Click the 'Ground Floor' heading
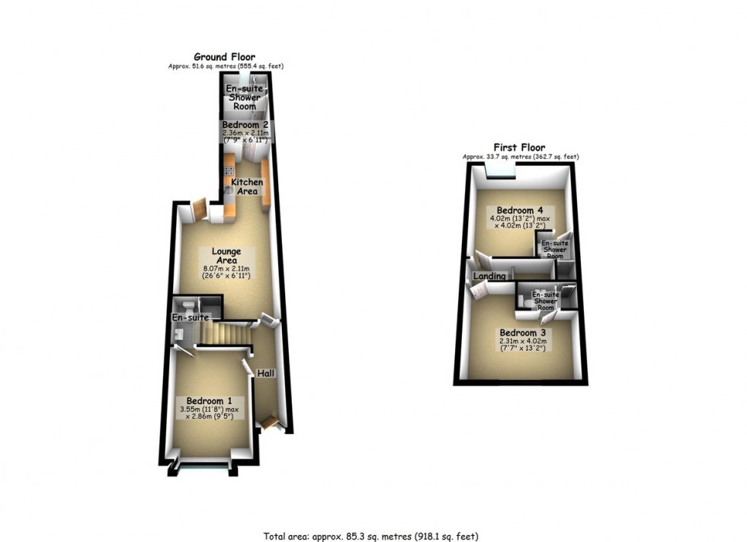[224, 57]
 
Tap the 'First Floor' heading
[520, 148]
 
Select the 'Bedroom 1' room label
[204, 401]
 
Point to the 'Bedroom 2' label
[245, 124]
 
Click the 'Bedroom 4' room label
[521, 210]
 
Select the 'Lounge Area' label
[227, 257]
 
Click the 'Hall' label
[266, 374]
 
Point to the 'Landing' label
[490, 276]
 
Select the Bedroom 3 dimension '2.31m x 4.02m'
[523, 342]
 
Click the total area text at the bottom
[373, 534]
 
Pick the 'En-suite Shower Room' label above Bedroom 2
[245, 98]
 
